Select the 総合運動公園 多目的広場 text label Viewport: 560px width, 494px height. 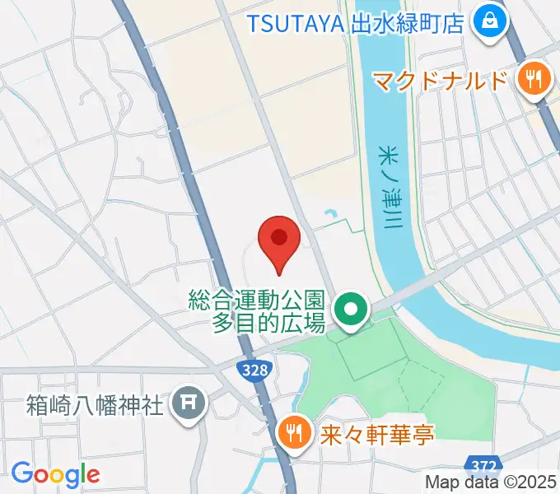256,310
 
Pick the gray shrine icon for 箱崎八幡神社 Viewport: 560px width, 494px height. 188,404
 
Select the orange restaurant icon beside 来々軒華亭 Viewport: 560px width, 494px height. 292,431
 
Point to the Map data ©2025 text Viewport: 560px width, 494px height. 492,482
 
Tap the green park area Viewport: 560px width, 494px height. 395,370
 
